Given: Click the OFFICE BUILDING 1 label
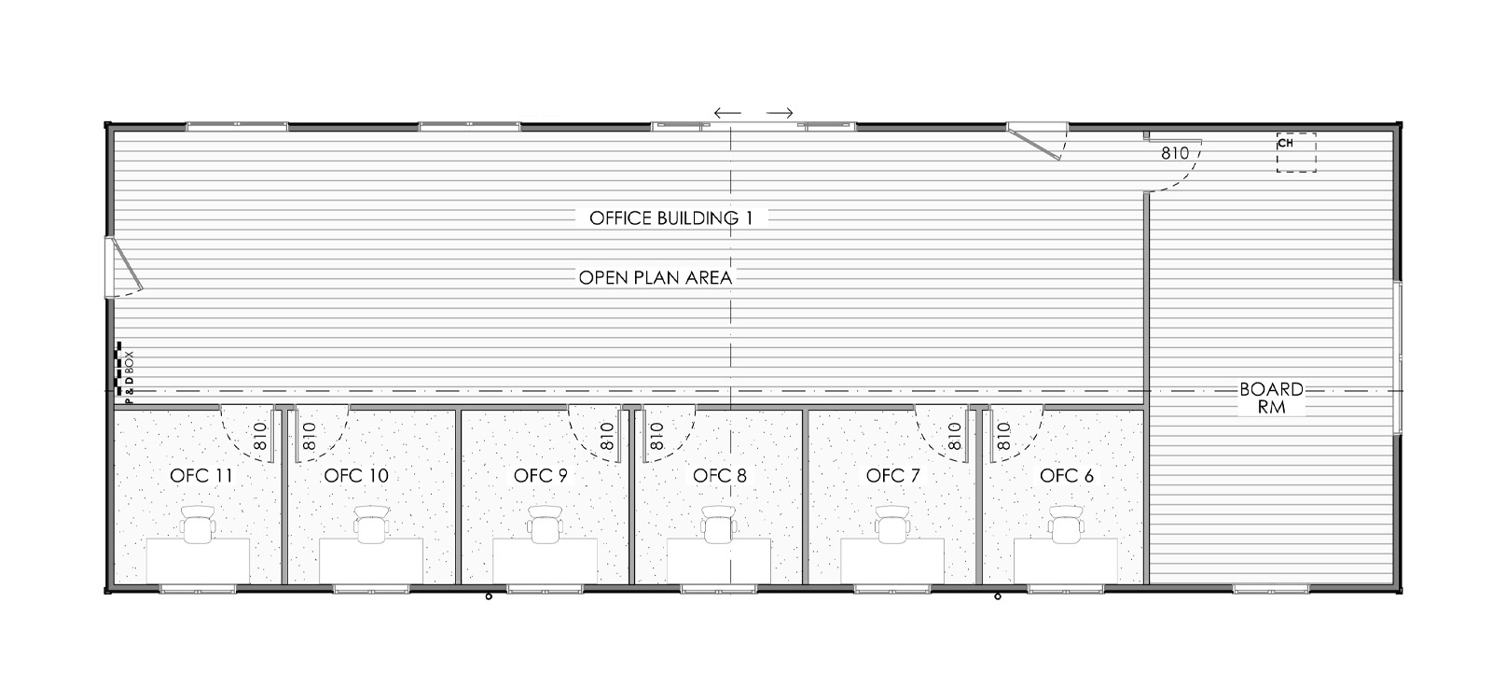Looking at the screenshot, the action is (670, 218).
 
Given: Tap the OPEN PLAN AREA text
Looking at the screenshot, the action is (656, 277).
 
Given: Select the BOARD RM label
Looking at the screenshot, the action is (1271, 398).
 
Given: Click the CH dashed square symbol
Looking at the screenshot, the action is (1296, 153).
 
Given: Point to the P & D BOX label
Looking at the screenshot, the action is (130, 377).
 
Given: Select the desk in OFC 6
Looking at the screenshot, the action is (1066, 561).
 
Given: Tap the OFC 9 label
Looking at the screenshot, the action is (540, 475).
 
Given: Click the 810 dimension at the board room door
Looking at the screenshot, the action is (1175, 153).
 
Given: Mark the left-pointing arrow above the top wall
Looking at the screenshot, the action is (727, 113).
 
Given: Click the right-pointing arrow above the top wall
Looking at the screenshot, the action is (780, 113).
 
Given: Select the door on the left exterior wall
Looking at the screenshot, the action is (124, 267).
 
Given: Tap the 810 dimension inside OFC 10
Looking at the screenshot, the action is (309, 437).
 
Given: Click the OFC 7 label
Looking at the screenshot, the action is (892, 475).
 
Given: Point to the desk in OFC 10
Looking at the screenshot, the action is (371, 561).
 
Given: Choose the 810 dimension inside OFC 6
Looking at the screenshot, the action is (1004, 437).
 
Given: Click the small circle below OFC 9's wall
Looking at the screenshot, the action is (489, 596).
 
